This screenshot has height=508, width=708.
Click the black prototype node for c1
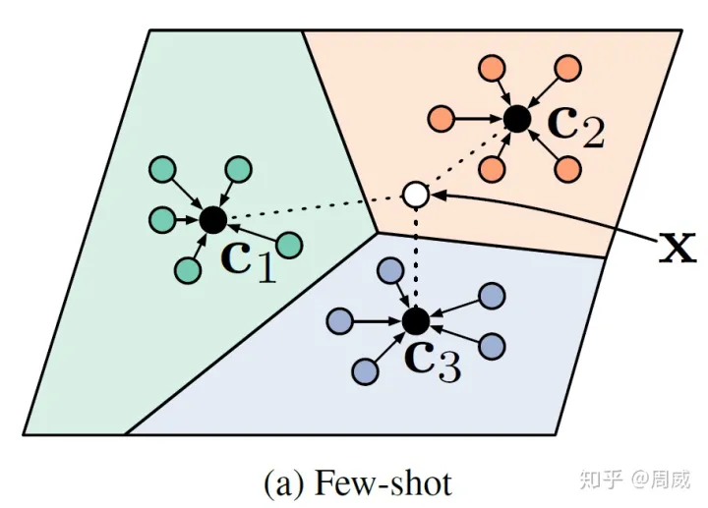coord(212,220)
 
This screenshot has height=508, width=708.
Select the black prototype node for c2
coord(516,120)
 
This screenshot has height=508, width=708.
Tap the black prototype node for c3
coord(416,320)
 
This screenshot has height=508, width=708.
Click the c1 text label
coord(248,259)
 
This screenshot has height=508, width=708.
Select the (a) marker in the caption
coord(284,482)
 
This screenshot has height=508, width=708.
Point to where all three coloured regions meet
coord(377,233)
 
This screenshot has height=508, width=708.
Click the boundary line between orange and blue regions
coord(492,246)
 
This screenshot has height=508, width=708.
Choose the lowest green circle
coord(185,268)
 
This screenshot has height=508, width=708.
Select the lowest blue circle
coord(365,371)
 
